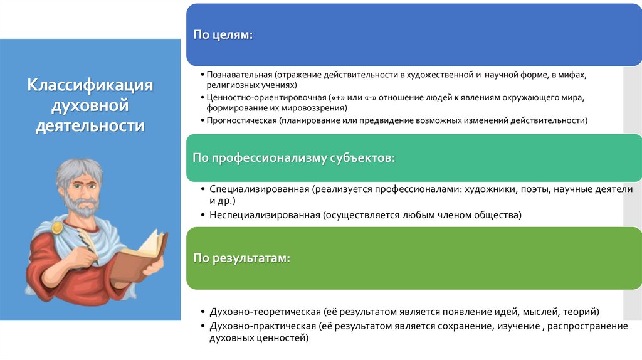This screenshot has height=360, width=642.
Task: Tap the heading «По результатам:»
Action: click(241, 258)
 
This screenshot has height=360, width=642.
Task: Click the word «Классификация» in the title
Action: click(90, 85)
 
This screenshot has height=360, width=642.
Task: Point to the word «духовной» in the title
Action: click(90, 105)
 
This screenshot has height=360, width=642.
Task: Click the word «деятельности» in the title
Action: click(90, 126)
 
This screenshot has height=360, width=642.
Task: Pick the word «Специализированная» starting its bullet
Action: click(261, 189)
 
